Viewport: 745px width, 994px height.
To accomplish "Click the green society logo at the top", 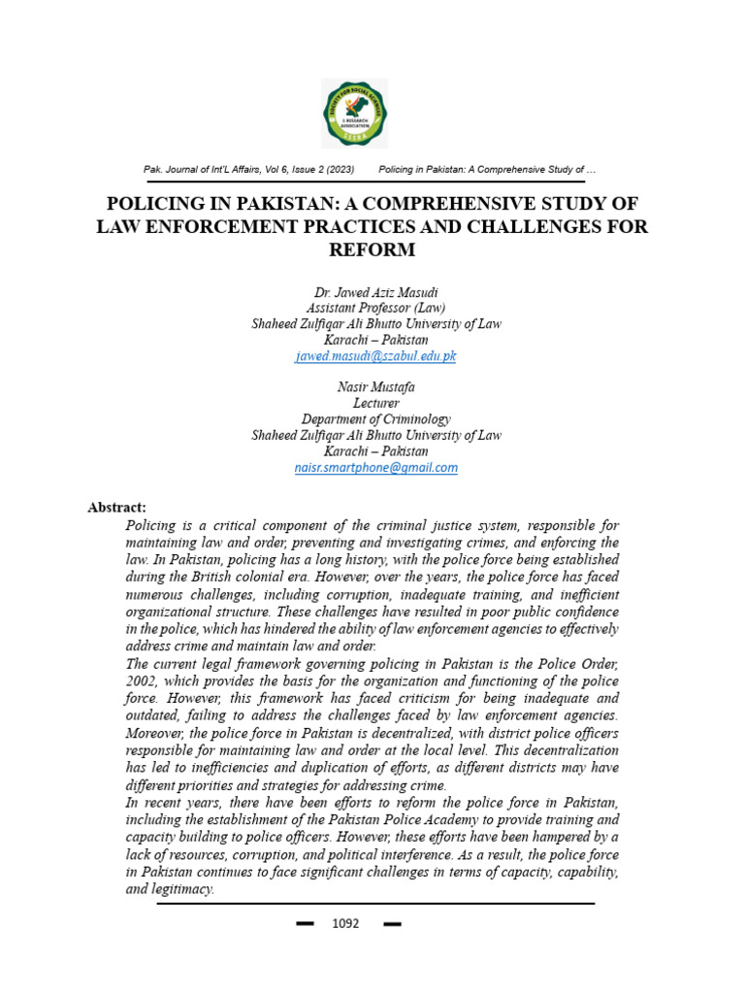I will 354,114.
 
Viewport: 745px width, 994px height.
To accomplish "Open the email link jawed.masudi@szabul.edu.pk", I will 375,356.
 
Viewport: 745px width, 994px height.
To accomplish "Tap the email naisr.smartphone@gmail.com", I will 375,467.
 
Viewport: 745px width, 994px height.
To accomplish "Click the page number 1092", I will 345,923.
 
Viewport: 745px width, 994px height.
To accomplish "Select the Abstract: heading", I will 116,507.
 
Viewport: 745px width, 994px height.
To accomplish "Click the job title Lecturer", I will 375,403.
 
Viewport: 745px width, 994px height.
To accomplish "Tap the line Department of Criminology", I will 375,419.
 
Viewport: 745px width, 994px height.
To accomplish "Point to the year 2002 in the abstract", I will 142,681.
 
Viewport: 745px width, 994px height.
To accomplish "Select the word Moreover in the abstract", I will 155,734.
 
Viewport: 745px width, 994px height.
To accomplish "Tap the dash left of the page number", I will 305,924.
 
